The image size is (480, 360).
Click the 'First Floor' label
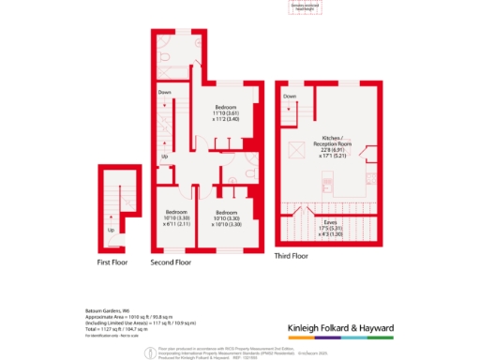[113, 263]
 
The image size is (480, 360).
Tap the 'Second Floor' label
[171, 263]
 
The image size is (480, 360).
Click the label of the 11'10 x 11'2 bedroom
[226, 112]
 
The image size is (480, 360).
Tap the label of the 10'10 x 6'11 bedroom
[178, 217]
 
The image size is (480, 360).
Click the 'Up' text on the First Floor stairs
[112, 230]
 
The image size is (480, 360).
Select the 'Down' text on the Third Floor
[290, 97]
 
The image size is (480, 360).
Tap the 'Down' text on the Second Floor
[164, 92]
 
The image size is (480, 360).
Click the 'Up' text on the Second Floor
[165, 156]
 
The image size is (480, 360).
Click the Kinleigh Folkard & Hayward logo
[338, 328]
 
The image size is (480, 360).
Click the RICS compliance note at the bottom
[240, 348]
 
